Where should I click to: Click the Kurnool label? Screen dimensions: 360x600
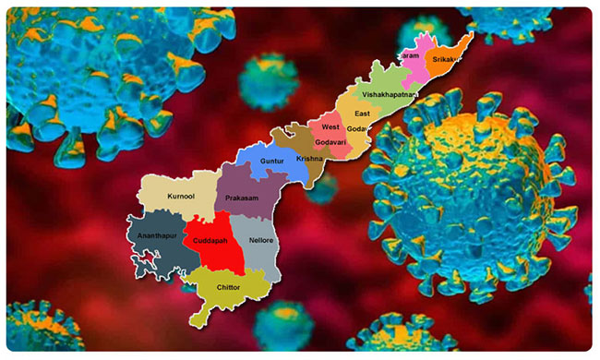pos(181,197)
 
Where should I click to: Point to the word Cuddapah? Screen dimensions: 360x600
pos(213,241)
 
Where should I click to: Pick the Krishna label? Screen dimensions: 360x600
pos(310,159)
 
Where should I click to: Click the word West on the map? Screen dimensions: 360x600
pos(330,126)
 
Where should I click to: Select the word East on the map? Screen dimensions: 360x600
pos(363,113)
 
